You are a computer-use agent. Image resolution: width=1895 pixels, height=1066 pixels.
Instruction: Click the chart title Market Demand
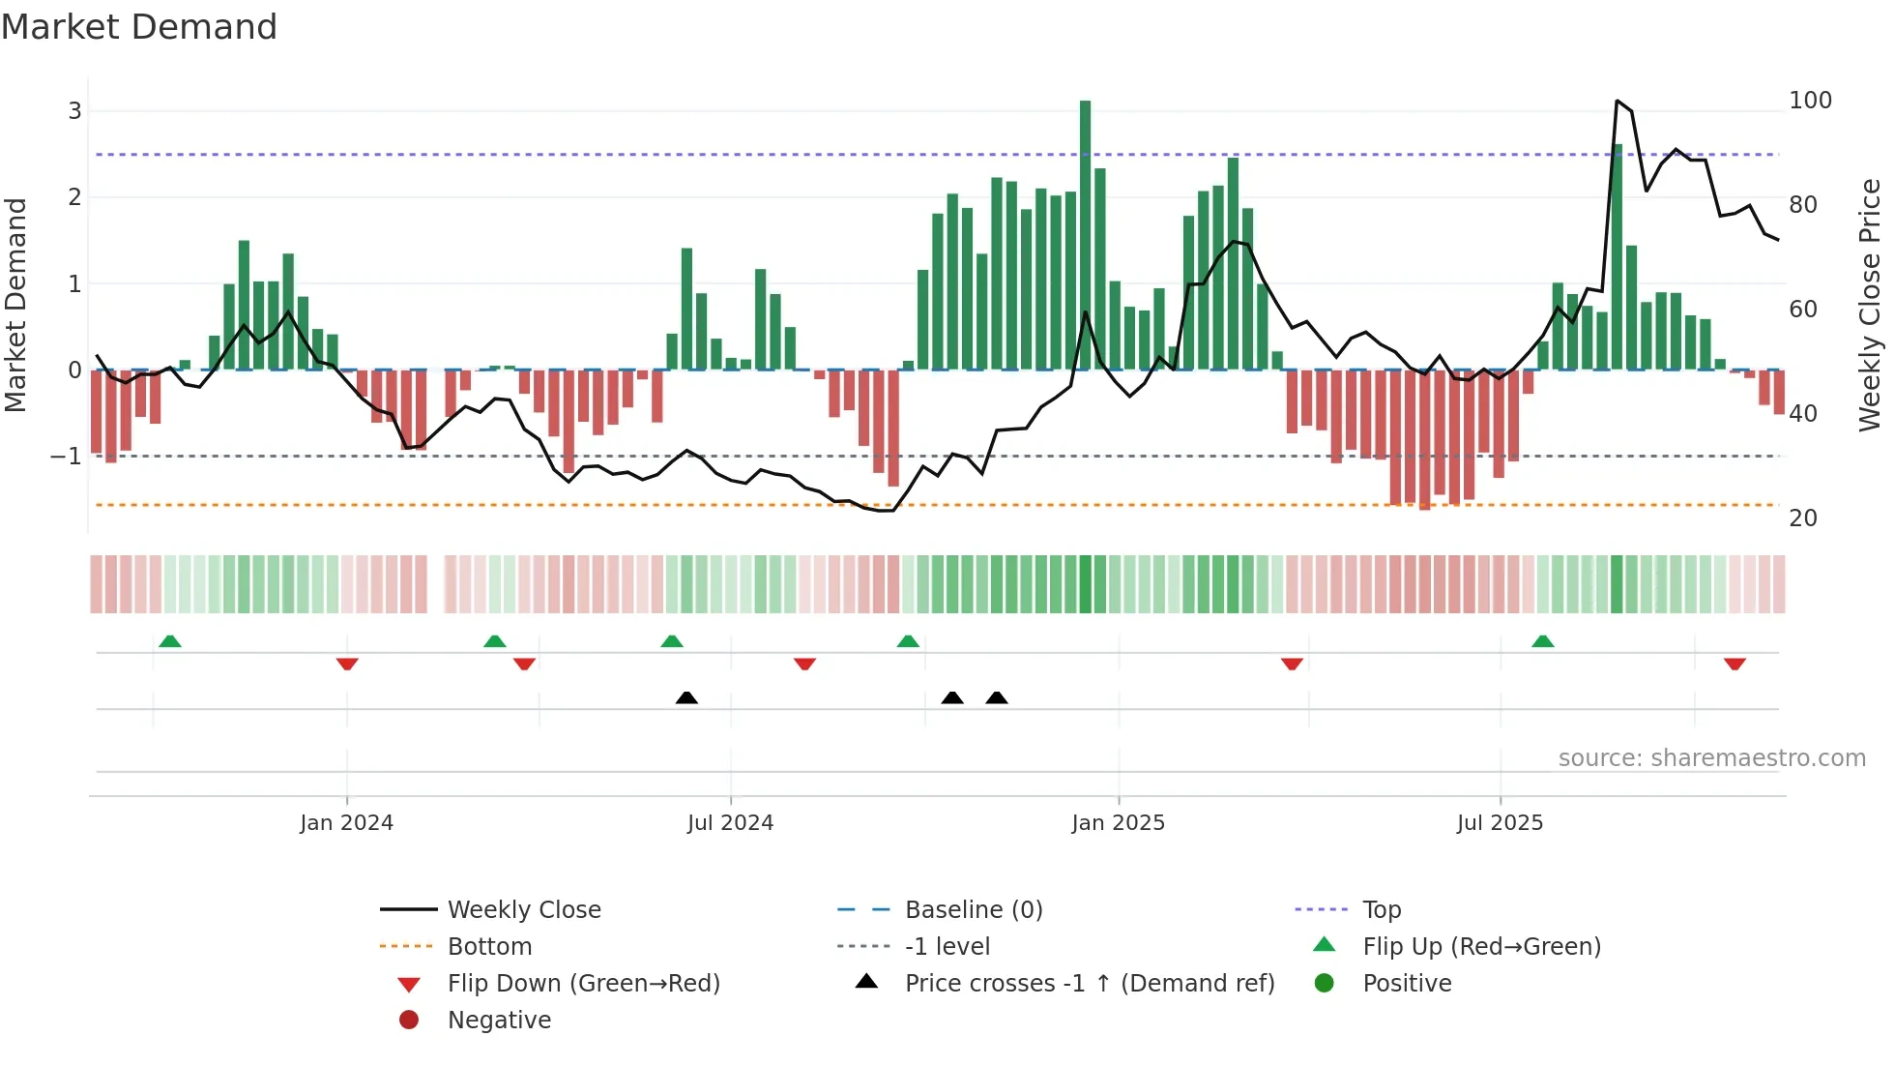[x=139, y=27]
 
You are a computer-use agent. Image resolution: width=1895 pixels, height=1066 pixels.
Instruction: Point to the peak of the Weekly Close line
[x=1617, y=101]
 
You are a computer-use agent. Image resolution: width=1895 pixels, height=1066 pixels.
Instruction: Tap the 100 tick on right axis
[x=1810, y=101]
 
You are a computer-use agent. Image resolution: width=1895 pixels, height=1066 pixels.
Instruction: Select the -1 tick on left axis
[x=67, y=456]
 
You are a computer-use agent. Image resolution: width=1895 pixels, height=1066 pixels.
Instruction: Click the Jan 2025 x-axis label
[x=1118, y=823]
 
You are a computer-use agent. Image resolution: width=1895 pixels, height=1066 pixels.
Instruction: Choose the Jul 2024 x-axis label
[x=730, y=823]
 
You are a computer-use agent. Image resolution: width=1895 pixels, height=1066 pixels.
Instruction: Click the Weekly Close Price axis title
[x=1870, y=305]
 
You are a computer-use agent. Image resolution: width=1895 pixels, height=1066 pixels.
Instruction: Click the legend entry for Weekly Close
[x=523, y=910]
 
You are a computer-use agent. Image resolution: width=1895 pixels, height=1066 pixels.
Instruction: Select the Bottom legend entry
[x=489, y=947]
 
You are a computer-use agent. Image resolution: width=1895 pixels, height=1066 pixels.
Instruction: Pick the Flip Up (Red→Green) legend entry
[x=1481, y=947]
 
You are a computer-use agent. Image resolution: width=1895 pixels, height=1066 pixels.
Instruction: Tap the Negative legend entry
[x=499, y=1021]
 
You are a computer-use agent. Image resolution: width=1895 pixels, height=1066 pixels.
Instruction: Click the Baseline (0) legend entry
[x=974, y=910]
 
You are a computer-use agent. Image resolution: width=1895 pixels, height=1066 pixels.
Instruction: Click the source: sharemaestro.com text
[x=1711, y=758]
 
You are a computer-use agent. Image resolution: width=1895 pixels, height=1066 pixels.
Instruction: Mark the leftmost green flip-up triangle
[x=170, y=641]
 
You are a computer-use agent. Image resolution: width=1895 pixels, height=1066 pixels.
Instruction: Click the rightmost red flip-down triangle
[x=1735, y=664]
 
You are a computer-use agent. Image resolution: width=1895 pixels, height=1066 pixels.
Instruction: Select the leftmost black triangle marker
[x=686, y=697]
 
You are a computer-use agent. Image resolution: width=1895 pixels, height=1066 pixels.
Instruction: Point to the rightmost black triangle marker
[x=997, y=697]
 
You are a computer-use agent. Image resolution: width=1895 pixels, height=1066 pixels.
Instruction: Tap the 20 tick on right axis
[x=1803, y=518]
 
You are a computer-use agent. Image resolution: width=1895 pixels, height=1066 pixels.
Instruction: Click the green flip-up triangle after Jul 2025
[x=1543, y=641]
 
